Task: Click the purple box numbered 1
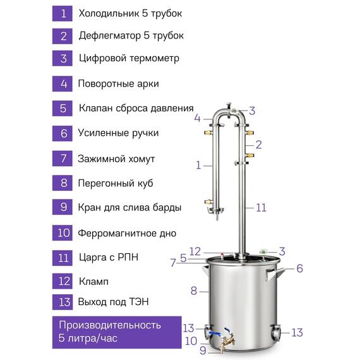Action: pos(63,14)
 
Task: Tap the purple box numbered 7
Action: pos(63,159)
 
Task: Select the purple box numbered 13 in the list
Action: pos(63,302)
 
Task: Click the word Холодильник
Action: pos(109,13)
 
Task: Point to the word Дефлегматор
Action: pos(110,36)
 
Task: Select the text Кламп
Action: pos(93,282)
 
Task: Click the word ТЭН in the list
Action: pos(139,302)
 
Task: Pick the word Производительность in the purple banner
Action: pos(110,325)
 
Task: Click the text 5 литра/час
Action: pos(88,338)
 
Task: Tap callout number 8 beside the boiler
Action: pos(194,291)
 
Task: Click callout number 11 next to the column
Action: pos(261,208)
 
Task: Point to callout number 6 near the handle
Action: pos(299,268)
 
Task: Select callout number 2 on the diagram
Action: pos(258,145)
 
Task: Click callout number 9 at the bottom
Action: pos(203,351)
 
